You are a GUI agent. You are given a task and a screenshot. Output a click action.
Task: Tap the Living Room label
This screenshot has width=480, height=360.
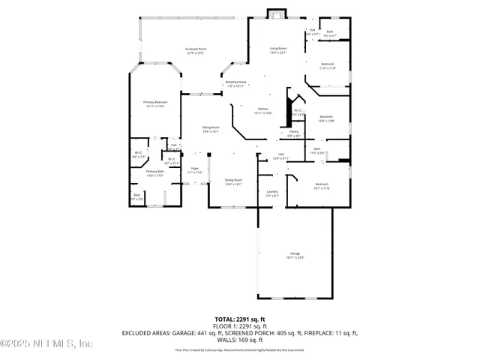click(x=278, y=49)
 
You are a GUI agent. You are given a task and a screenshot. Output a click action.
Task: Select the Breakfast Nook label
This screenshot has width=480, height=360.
click(x=236, y=82)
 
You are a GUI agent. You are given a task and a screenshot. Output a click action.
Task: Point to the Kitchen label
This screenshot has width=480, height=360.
click(x=263, y=109)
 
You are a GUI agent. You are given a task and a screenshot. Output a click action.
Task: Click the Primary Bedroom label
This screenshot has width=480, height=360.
click(x=155, y=102)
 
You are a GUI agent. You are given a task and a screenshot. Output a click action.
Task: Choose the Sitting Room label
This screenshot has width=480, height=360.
click(x=210, y=128)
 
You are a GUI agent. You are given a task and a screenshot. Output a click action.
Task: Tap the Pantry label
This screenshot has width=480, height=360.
click(x=293, y=132)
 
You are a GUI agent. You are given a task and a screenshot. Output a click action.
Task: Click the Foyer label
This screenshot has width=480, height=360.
click(x=194, y=169)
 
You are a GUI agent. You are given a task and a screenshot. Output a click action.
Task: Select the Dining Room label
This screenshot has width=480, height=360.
click(x=233, y=180)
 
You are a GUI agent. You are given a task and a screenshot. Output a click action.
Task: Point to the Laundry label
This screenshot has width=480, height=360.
click(x=272, y=191)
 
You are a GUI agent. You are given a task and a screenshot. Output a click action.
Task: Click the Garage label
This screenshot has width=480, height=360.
click(x=295, y=253)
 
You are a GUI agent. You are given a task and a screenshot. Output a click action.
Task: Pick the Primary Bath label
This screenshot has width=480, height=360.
click(x=155, y=172)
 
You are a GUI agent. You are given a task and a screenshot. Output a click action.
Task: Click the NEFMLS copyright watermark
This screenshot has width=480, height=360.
click(x=46, y=344)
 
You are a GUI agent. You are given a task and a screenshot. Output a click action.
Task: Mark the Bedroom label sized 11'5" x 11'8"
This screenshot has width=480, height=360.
click(x=328, y=65)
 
